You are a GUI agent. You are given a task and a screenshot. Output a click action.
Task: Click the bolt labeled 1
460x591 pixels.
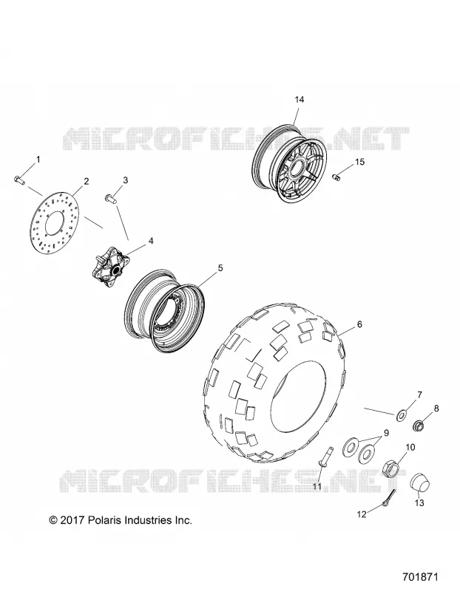(19, 180)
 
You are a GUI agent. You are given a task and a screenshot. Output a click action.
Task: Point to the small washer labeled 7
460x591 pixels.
(401, 415)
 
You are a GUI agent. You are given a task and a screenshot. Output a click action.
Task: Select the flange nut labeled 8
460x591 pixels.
(419, 426)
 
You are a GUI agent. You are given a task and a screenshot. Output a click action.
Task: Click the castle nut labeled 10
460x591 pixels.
(392, 468)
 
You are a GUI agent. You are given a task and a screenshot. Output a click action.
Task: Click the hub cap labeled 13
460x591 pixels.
(420, 482)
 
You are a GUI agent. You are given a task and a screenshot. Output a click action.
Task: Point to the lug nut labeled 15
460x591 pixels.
(336, 177)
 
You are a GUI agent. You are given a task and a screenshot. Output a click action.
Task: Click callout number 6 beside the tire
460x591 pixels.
(359, 324)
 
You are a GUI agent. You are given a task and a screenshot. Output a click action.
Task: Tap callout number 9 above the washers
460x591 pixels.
(386, 434)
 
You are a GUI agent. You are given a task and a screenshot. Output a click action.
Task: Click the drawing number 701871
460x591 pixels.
(420, 578)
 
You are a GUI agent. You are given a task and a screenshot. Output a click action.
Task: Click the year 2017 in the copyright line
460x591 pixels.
(72, 521)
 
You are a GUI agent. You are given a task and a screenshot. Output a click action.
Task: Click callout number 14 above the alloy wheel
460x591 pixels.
(300, 100)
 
